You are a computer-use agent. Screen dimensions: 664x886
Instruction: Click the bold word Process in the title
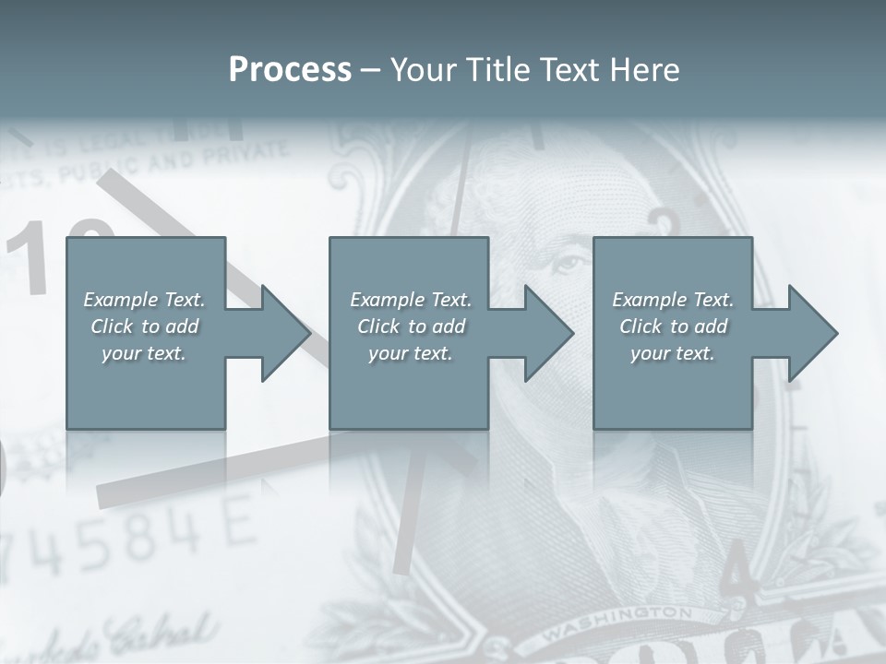click(x=290, y=70)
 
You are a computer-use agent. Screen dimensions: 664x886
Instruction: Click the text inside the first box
click(x=145, y=326)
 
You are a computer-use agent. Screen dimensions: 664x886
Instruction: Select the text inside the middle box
click(x=411, y=326)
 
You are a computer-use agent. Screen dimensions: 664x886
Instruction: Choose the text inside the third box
click(x=673, y=326)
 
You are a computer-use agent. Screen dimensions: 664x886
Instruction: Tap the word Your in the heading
click(x=424, y=70)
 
